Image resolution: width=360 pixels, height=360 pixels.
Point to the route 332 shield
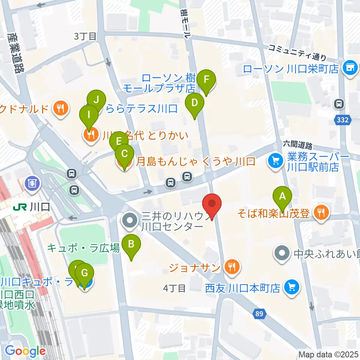(x=340, y=119)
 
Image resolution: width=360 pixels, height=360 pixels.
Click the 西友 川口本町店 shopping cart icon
(x=291, y=288)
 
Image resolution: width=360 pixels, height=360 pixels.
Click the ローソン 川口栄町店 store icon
(x=350, y=68)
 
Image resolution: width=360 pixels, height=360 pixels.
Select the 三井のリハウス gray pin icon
(x=130, y=221)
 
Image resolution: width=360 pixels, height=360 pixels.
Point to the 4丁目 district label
(x=174, y=288)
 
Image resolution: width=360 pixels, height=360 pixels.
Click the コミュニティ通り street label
(x=297, y=52)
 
